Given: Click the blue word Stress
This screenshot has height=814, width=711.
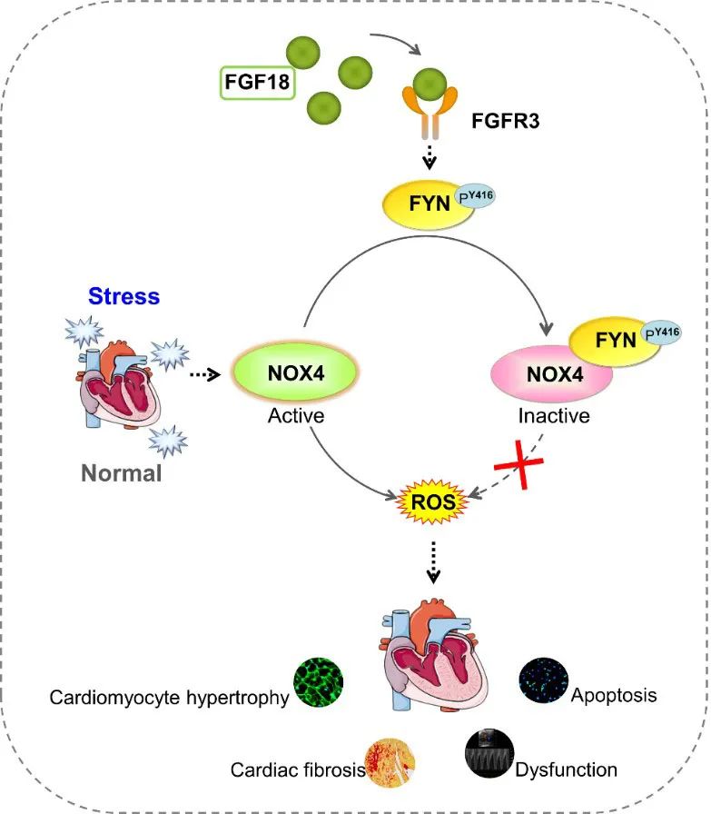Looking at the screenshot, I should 123,296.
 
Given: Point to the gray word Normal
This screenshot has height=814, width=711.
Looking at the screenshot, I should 121,472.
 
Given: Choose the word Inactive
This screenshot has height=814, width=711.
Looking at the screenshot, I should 554,416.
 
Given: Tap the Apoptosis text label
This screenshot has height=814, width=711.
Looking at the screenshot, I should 615,697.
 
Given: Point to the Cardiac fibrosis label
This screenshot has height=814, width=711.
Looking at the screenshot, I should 298,769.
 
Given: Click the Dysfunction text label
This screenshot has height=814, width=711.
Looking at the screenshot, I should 566,769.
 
